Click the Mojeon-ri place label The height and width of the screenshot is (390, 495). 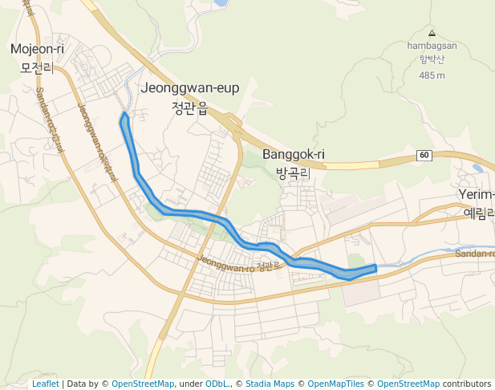pyautogui.click(x=37, y=50)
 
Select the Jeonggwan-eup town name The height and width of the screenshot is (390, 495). pyautogui.click(x=190, y=88)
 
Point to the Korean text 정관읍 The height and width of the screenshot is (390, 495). pyautogui.click(x=190, y=108)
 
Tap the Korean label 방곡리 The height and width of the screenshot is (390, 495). pyautogui.click(x=293, y=173)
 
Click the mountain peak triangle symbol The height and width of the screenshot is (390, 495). pyautogui.click(x=432, y=34)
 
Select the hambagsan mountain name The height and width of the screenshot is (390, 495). pyautogui.click(x=432, y=46)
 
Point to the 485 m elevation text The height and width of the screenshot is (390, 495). pyautogui.click(x=432, y=75)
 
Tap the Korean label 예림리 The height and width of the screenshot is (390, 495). pyautogui.click(x=479, y=213)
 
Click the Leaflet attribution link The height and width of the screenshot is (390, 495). pyautogui.click(x=46, y=384)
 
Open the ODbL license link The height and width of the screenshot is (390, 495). pyautogui.click(x=215, y=384)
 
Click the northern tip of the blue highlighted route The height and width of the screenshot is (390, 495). pyautogui.click(x=124, y=116)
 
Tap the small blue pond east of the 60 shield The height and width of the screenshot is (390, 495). pyautogui.click(x=478, y=168)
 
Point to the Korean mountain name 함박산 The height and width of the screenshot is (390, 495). pyautogui.click(x=432, y=60)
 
